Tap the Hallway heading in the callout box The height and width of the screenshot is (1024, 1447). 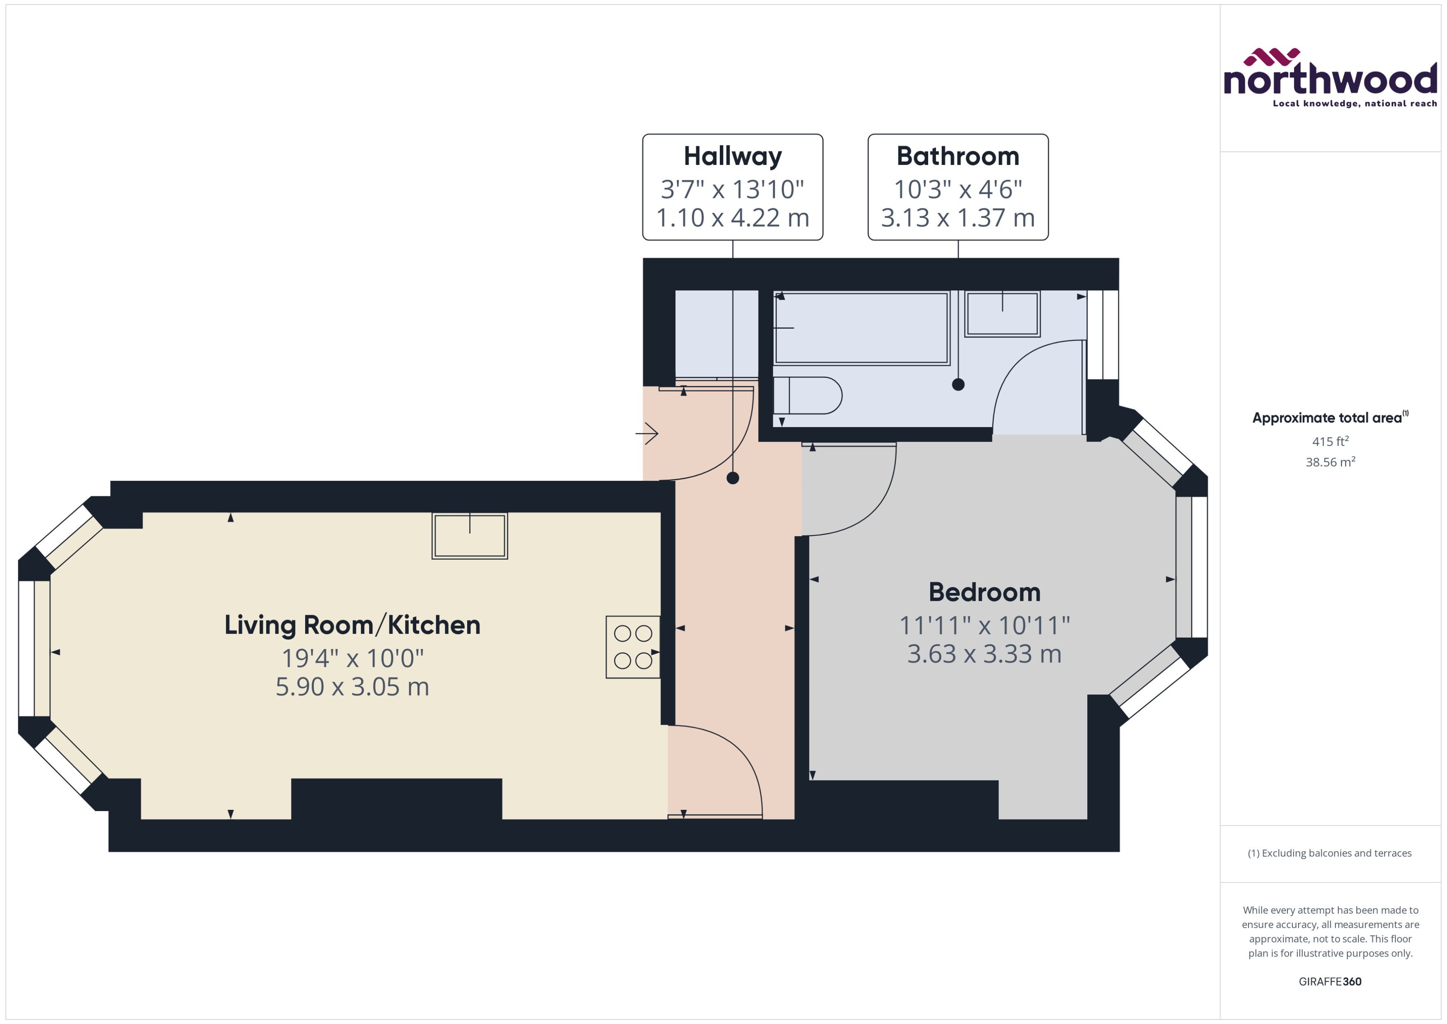pyautogui.click(x=732, y=156)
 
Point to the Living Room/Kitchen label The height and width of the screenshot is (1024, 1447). pyautogui.click(x=352, y=625)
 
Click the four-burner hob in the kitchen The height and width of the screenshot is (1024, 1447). pyautogui.click(x=633, y=647)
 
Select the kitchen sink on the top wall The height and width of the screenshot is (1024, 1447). pyautogui.click(x=469, y=536)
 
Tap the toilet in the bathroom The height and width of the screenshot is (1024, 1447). pyautogui.click(x=807, y=395)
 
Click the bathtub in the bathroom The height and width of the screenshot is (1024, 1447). pyautogui.click(x=861, y=328)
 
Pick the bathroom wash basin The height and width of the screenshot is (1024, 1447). pyautogui.click(x=1002, y=313)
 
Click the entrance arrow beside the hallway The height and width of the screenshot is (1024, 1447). pyautogui.click(x=647, y=433)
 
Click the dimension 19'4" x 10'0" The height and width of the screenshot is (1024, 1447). pyautogui.click(x=352, y=658)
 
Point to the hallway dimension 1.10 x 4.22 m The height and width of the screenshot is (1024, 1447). pyautogui.click(x=732, y=218)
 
